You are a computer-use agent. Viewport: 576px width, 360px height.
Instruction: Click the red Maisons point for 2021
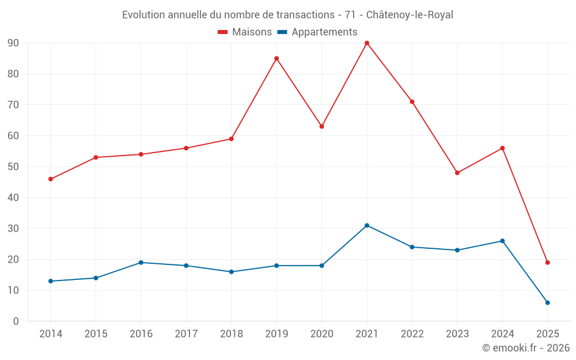point(367,43)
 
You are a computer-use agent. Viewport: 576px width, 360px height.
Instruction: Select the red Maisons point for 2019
point(276,58)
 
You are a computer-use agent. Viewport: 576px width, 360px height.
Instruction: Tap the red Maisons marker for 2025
point(548,263)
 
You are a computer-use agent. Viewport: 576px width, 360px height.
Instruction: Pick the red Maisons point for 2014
point(51,179)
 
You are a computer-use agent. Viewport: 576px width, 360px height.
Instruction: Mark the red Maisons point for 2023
point(457,173)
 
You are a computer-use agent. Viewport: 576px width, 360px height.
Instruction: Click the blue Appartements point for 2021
point(367,225)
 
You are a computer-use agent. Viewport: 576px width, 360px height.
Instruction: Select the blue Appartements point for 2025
point(548,302)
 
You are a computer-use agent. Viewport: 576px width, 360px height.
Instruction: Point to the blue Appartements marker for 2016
point(141,263)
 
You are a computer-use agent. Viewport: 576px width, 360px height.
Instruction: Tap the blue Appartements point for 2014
point(51,281)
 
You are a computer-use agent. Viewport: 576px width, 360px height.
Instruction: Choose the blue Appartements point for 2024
point(502,241)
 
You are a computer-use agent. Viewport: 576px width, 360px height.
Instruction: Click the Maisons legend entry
point(245,32)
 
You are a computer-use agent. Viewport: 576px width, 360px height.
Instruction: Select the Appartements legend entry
point(317,32)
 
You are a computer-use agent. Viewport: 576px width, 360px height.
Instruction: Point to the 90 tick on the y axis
point(13,43)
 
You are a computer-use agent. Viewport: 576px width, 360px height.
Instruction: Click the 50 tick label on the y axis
point(13,167)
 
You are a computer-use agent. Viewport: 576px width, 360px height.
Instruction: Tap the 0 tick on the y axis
point(16,321)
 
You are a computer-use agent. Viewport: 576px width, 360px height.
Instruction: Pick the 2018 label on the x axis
point(231,334)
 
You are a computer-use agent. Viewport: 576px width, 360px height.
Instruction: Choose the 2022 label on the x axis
point(412,334)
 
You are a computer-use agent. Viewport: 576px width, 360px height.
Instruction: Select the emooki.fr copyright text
point(526,348)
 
